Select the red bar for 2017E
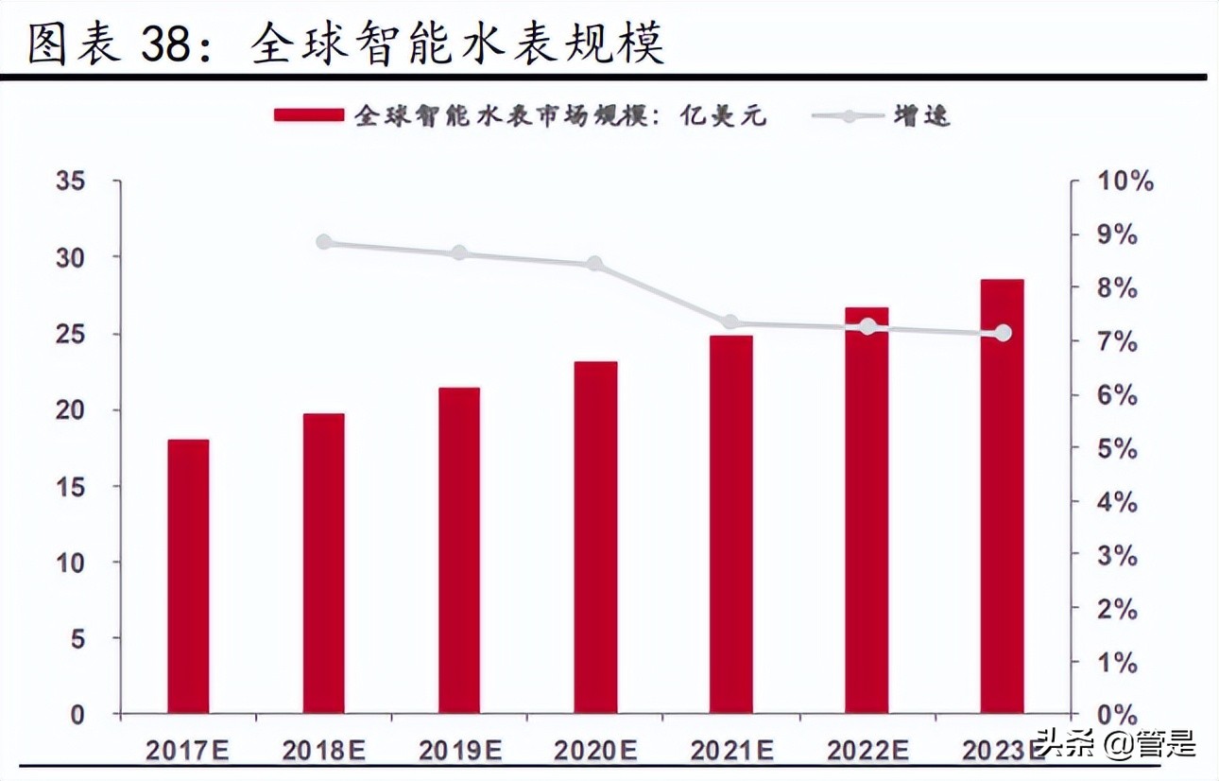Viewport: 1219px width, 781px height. pyautogui.click(x=188, y=576)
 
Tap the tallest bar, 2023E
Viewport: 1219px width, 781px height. pyautogui.click(x=1002, y=495)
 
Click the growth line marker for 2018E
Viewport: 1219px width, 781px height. pyautogui.click(x=324, y=242)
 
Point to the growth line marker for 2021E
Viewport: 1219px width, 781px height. pyautogui.click(x=730, y=323)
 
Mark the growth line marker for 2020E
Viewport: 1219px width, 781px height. pyautogui.click(x=594, y=264)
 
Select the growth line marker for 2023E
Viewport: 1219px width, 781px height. pyautogui.click(x=1003, y=333)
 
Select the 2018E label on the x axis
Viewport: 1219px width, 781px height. pyautogui.click(x=323, y=751)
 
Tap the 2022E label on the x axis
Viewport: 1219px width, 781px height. pyautogui.click(x=867, y=751)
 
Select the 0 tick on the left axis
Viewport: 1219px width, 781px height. pyautogui.click(x=77, y=716)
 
